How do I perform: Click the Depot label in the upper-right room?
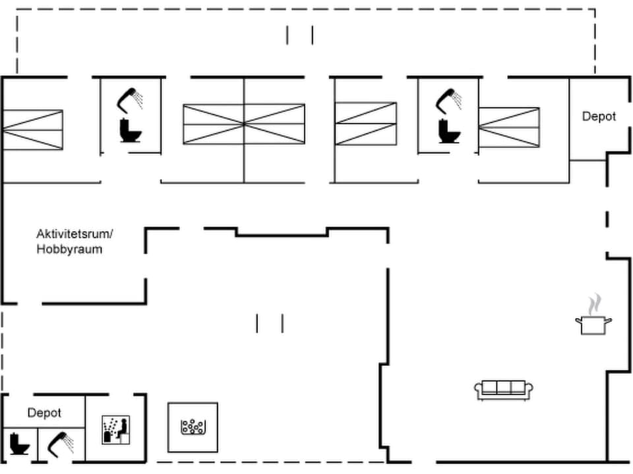tap(599, 117)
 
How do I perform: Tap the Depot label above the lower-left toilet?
tap(44, 413)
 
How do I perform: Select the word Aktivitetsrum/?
tap(75, 234)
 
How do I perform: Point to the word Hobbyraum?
tap(69, 250)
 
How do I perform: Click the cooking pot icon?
tap(593, 325)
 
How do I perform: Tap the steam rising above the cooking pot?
tap(595, 303)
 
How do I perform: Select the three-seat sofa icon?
tap(504, 390)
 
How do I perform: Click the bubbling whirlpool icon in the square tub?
tap(192, 427)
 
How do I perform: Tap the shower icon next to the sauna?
tap(61, 444)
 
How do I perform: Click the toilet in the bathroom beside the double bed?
tap(130, 131)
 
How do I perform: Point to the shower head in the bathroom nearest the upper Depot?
tap(449, 99)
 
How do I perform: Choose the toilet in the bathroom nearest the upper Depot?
tap(449, 131)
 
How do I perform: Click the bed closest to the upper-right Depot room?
tap(508, 127)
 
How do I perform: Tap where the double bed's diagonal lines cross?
tap(244, 124)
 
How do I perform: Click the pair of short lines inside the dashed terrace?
tap(299, 35)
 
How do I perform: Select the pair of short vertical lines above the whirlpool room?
tap(270, 323)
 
